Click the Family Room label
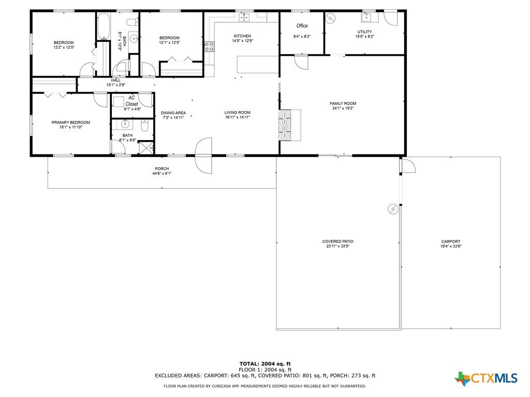pos(343,103)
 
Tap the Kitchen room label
pos(242,36)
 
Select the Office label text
pos(302,26)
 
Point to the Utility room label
pos(364,32)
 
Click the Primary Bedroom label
pos(70,123)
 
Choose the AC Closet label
pos(132,101)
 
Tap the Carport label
pos(451,241)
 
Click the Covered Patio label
pos(337,241)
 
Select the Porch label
pos(162,169)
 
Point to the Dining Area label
pos(173,113)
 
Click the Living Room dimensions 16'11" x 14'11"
pos(237,117)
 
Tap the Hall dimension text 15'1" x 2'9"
pos(116,85)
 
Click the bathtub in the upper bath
pos(104,26)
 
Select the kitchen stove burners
pos(209,47)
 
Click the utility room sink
pos(366,17)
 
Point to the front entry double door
pos(203,155)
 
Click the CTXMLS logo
pos(486,378)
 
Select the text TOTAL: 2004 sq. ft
pos(265,363)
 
